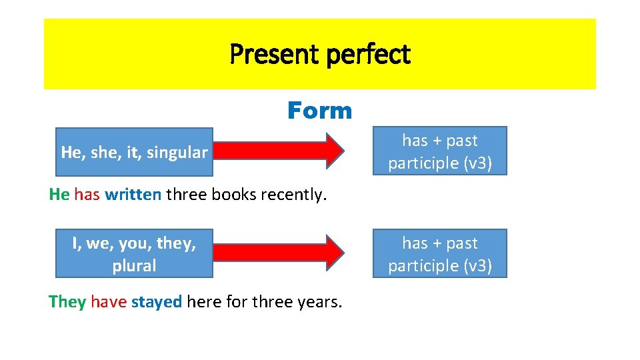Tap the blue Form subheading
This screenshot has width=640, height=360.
tap(319, 111)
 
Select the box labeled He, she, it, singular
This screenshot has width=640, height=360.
tap(134, 153)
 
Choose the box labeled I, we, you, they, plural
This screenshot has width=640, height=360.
tap(134, 254)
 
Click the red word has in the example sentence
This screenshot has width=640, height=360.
tap(87, 195)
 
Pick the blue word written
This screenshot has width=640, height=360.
tap(133, 195)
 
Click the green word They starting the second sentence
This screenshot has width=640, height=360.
tap(67, 301)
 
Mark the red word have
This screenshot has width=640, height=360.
tap(109, 301)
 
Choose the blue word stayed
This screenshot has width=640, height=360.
tap(156, 301)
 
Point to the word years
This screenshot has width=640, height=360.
tap(319, 301)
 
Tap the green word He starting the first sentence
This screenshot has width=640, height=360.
tap(59, 195)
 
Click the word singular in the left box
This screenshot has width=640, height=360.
tap(177, 153)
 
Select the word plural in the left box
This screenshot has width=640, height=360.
tap(134, 265)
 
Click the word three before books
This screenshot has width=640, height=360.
tap(185, 195)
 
